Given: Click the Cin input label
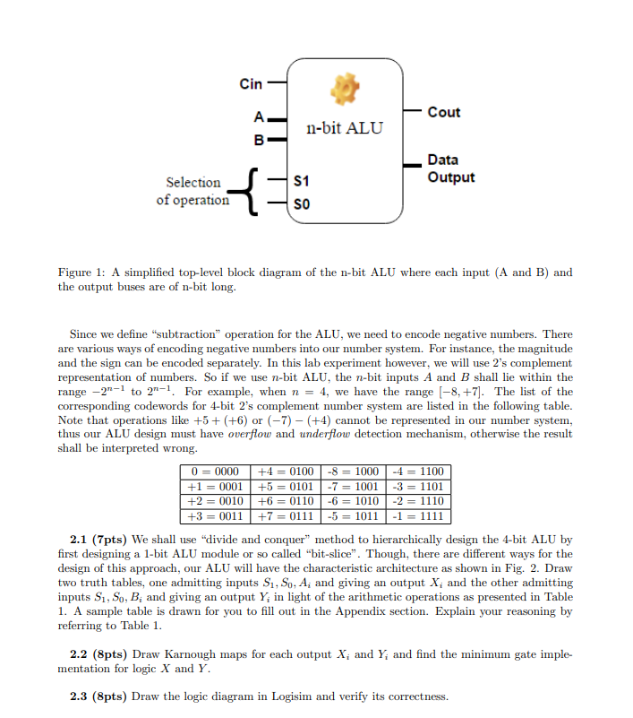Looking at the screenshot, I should click(251, 84).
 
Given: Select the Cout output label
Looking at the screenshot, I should click(444, 112).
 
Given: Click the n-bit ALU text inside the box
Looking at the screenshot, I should click(344, 127).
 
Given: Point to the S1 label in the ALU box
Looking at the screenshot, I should click(302, 182).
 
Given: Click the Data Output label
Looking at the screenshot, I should click(450, 169).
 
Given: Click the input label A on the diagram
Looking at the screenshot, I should click(259, 117).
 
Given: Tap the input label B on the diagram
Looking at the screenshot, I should click(259, 140).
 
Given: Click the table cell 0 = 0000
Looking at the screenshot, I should click(216, 472).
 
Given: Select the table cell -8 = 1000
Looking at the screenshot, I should click(353, 472).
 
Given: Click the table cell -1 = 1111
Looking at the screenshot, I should click(420, 516).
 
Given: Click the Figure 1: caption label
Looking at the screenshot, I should click(87, 272).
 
